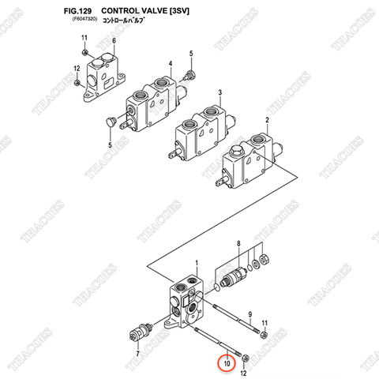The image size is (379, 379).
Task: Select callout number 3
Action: tap(220, 92)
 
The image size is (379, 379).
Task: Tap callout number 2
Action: tap(267, 120)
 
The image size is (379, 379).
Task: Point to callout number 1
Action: tap(197, 272)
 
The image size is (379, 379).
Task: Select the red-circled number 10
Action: tap(227, 363)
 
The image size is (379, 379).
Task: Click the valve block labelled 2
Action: tap(250, 163)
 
